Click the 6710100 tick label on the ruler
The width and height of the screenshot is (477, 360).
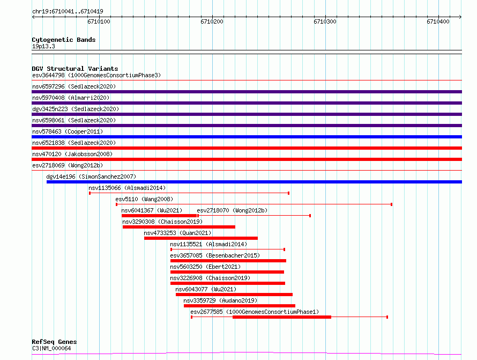(x=99, y=21)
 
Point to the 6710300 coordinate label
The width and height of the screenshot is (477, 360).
(x=325, y=21)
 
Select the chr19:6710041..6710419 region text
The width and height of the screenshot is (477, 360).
(x=68, y=12)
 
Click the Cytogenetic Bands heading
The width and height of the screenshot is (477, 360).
(x=64, y=40)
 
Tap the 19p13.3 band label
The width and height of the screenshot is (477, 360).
(x=43, y=46)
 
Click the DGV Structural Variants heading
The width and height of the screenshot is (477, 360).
(x=75, y=69)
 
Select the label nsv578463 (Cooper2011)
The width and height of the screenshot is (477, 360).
(x=68, y=131)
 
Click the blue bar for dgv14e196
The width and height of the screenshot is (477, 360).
(x=254, y=182)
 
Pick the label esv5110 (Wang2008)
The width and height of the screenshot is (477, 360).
(x=144, y=199)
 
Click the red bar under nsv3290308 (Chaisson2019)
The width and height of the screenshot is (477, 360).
(x=179, y=227)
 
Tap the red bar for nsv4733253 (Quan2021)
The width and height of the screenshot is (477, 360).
(x=201, y=238)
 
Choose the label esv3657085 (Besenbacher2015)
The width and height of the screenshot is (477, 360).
(x=215, y=255)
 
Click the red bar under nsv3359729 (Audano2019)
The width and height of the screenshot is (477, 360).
(x=240, y=306)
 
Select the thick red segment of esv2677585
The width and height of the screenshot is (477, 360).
(x=282, y=317)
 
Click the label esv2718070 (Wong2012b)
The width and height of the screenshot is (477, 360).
(x=232, y=210)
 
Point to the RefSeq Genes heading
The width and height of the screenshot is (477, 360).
(x=54, y=342)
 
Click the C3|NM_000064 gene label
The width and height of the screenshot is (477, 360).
(x=51, y=348)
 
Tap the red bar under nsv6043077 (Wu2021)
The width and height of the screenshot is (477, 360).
(x=234, y=295)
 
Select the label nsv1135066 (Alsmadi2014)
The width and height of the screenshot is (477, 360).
(x=127, y=188)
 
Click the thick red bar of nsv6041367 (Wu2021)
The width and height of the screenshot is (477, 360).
(x=159, y=216)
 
